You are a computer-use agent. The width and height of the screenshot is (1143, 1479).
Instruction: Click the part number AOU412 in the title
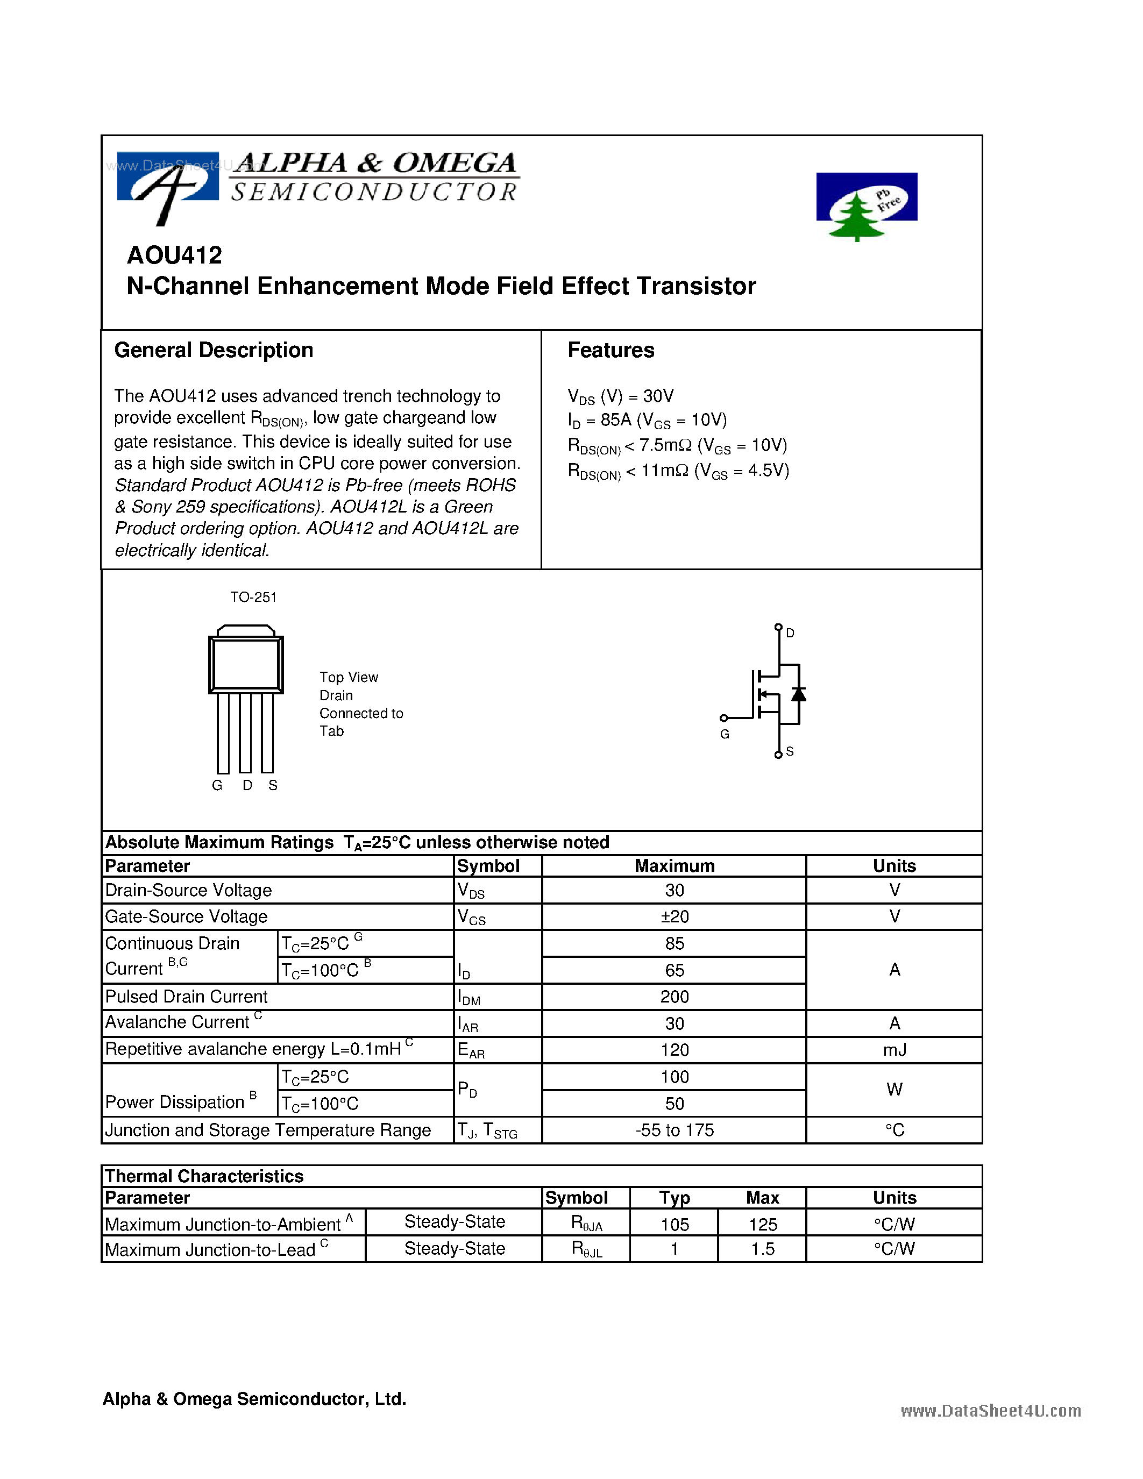point(174,255)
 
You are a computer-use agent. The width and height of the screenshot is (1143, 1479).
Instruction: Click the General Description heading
point(214,350)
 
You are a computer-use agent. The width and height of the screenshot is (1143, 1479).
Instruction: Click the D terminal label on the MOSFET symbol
point(790,633)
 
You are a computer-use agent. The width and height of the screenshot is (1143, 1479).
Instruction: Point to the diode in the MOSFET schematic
point(798,694)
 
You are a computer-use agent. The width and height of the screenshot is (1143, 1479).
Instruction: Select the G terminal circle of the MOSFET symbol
point(724,718)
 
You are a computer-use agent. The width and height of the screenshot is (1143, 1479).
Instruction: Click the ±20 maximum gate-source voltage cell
point(675,917)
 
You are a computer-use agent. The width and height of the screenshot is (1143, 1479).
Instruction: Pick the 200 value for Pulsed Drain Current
point(675,997)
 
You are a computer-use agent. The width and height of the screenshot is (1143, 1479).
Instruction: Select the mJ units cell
point(894,1050)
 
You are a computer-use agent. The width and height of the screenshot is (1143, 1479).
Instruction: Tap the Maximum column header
point(675,866)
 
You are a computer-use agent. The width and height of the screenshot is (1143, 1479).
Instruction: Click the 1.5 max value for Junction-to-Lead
point(763,1249)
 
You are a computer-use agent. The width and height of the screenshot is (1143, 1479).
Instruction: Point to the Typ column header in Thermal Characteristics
point(675,1198)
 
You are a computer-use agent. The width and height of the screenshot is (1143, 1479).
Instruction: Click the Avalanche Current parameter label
point(178,1022)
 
